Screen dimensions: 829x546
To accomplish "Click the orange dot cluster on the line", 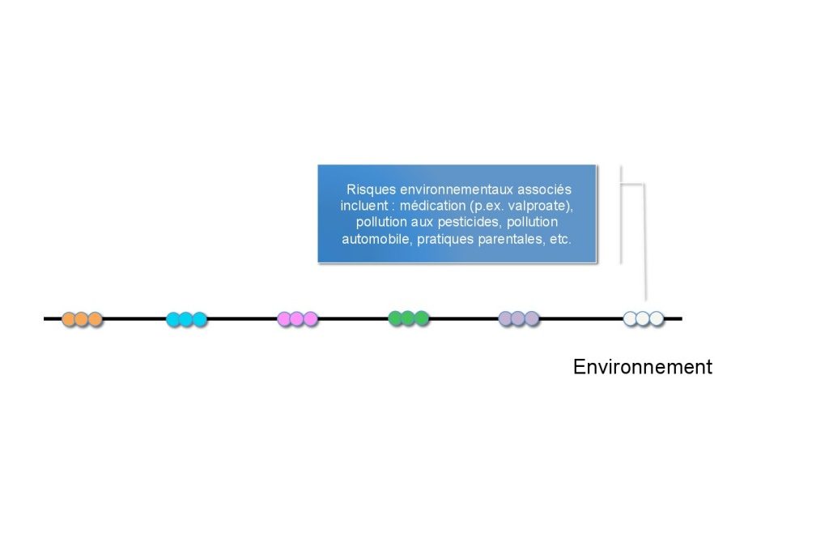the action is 82,319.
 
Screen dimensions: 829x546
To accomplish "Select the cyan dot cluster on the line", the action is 187,319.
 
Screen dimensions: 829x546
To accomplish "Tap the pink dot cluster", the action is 298,318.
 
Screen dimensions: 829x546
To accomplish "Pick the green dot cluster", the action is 409,318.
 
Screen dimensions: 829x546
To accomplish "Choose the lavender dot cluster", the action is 519,318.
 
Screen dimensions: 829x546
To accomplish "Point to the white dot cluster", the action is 644,318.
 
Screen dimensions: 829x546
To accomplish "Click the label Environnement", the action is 642,367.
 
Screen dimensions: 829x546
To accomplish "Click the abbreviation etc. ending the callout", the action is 560,239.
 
